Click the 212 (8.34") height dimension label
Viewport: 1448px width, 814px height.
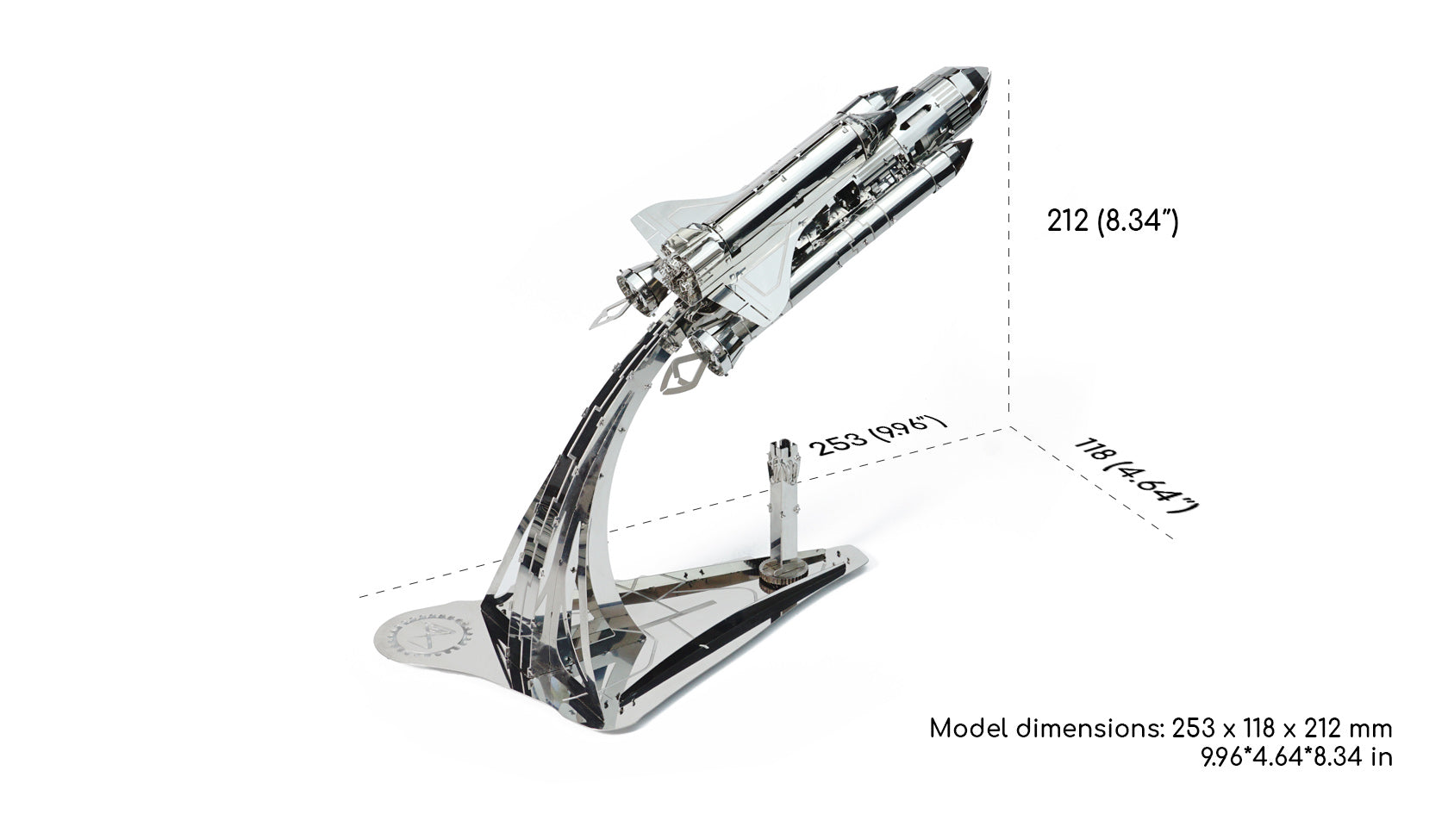coord(1113,221)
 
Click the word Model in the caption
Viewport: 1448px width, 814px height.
coord(969,730)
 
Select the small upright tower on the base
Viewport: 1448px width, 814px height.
coord(783,510)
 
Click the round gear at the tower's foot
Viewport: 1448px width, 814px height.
coord(783,573)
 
